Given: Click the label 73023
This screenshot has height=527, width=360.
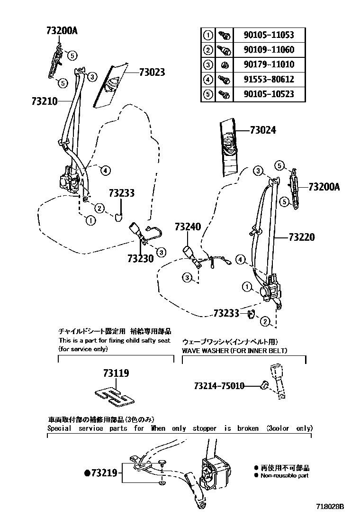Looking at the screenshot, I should (x=152, y=72).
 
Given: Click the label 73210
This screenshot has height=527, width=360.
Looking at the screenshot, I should (x=45, y=101).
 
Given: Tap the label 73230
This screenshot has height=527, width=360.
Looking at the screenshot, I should (x=140, y=259).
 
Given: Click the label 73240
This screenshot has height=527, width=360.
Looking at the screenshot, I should (x=188, y=227).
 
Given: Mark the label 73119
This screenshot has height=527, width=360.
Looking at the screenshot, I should (x=116, y=374).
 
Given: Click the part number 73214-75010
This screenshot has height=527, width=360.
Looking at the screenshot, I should (x=219, y=386).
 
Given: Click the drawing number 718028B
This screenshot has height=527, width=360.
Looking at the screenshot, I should (x=330, y=507).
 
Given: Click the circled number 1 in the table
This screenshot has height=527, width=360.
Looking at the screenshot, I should (x=207, y=35).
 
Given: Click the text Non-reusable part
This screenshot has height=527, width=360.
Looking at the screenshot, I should (x=285, y=475).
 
